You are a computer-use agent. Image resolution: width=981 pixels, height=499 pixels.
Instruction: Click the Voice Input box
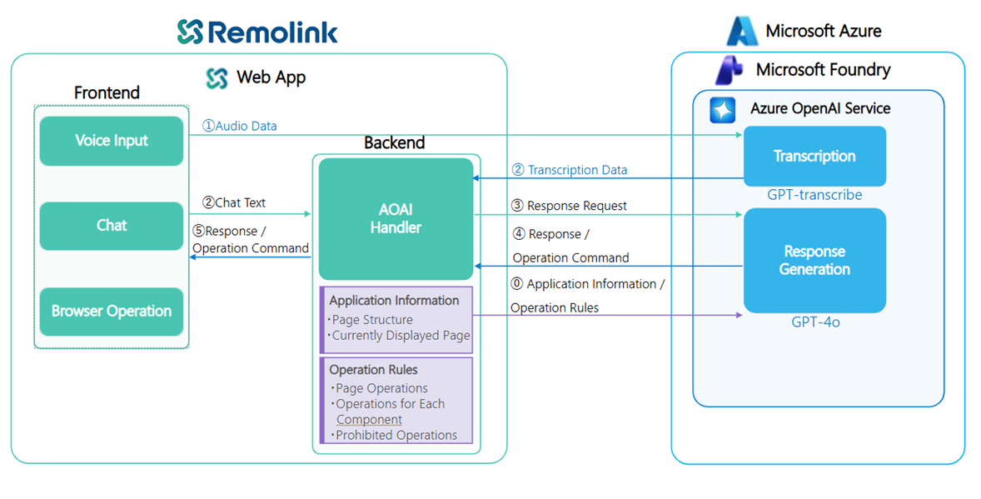pyautogui.click(x=112, y=141)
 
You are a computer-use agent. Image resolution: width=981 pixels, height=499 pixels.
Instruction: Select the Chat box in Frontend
pyautogui.click(x=112, y=226)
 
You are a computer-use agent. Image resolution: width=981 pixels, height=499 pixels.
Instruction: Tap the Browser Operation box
pyautogui.click(x=112, y=312)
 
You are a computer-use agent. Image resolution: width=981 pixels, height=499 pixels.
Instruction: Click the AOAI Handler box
pyautogui.click(x=396, y=218)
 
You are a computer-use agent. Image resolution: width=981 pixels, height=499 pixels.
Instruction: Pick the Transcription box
pyautogui.click(x=814, y=156)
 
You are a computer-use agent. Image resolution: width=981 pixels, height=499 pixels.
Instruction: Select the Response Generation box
pyautogui.click(x=814, y=260)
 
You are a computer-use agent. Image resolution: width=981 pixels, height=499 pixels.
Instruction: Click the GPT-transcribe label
pyautogui.click(x=814, y=195)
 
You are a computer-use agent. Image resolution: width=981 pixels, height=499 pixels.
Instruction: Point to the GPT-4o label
pyautogui.click(x=815, y=322)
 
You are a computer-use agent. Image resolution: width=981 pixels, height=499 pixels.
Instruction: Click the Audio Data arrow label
pyautogui.click(x=240, y=126)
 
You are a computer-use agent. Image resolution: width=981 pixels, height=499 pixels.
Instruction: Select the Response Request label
pyautogui.click(x=570, y=206)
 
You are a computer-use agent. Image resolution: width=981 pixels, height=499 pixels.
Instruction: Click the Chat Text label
pyautogui.click(x=234, y=202)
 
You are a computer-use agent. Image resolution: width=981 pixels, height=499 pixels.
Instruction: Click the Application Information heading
pyautogui.click(x=394, y=301)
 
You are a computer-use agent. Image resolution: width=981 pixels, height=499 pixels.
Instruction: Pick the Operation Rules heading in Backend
pyautogui.click(x=373, y=370)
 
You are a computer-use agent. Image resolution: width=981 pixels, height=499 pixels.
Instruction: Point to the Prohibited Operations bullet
pyautogui.click(x=396, y=435)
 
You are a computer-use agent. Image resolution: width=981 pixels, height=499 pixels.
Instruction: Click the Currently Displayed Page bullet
pyautogui.click(x=401, y=336)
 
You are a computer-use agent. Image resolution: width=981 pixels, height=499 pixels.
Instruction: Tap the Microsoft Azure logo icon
pyautogui.click(x=741, y=32)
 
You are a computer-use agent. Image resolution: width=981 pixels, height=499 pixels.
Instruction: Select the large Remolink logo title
pyautogui.click(x=257, y=32)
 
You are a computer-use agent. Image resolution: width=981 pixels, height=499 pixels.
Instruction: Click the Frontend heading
pyautogui.click(x=107, y=92)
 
